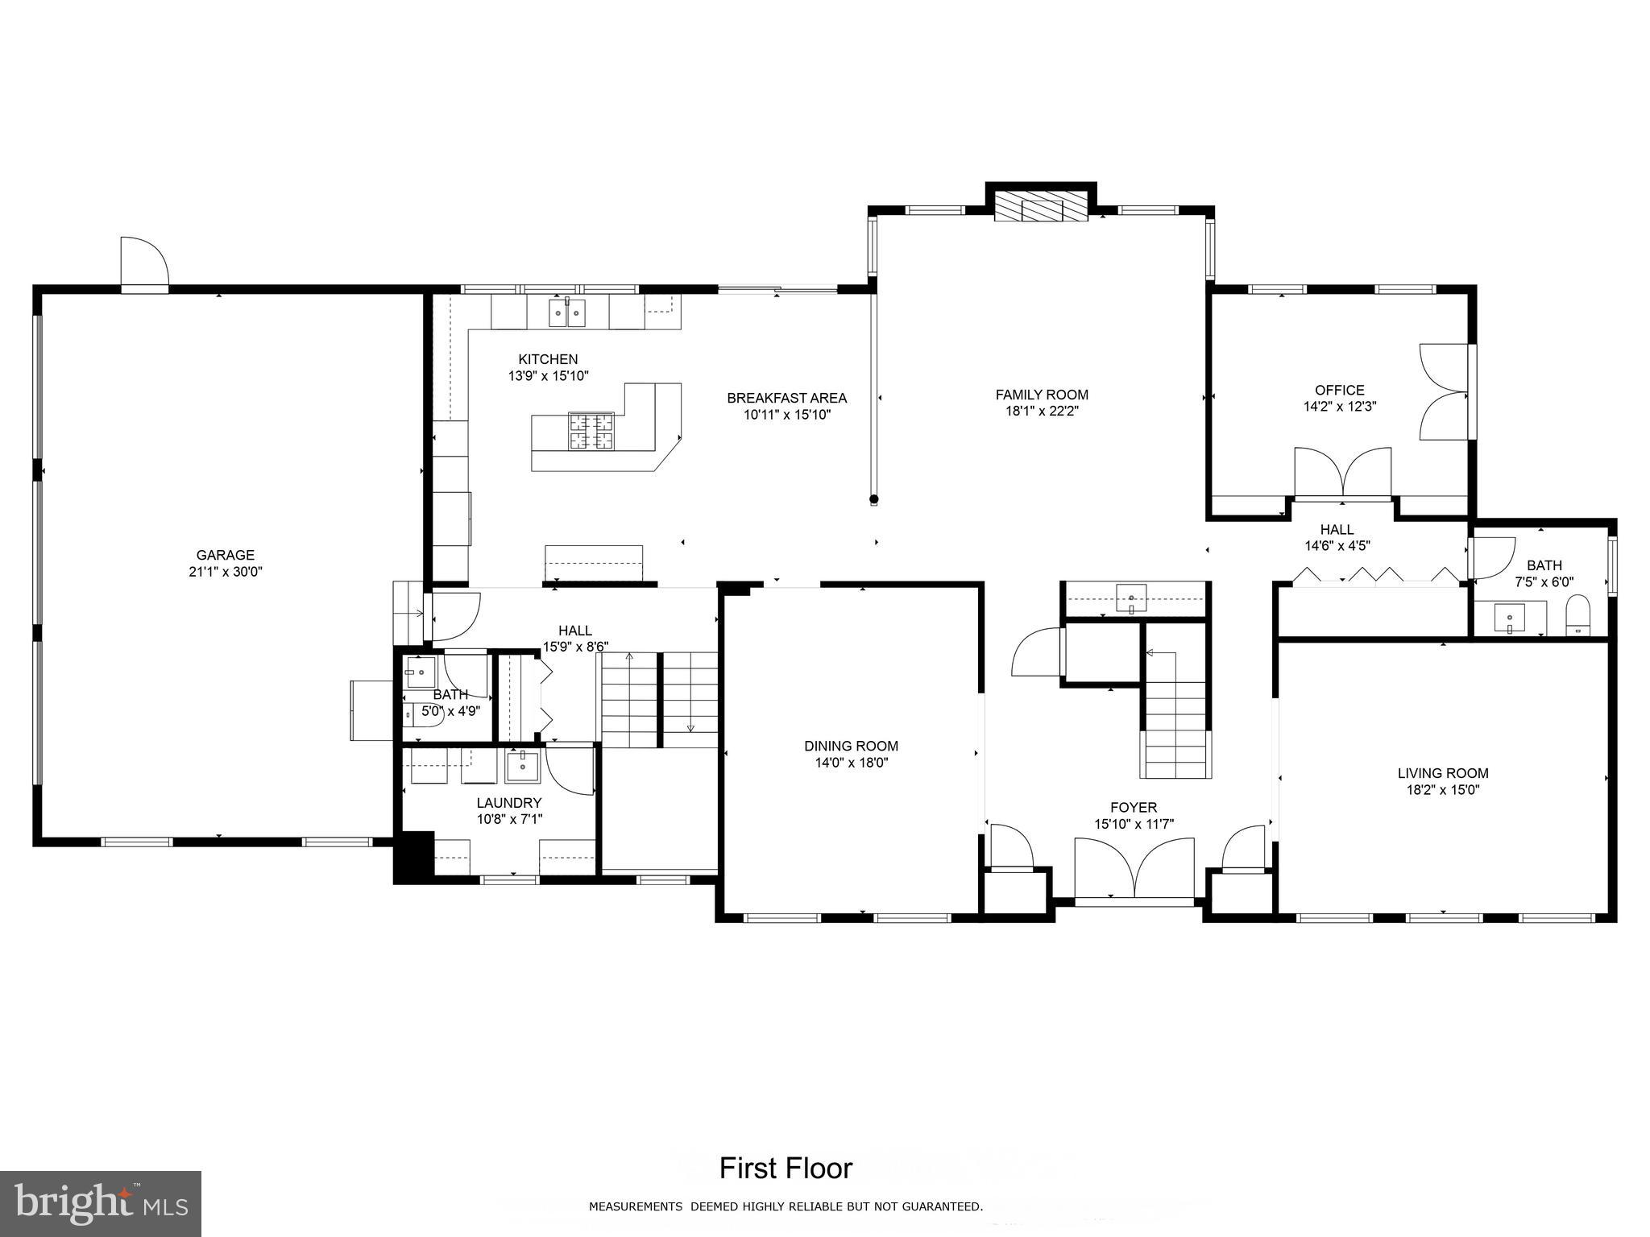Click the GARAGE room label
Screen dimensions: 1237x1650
226,555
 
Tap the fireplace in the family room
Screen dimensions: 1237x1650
1041,206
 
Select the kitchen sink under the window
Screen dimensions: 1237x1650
567,312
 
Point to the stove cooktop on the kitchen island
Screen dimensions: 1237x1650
591,431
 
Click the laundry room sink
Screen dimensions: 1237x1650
523,766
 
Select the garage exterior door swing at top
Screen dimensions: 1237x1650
143,262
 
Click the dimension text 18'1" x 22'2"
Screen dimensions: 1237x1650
1042,412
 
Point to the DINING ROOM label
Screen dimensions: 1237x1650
851,747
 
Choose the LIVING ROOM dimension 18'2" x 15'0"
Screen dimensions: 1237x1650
1443,790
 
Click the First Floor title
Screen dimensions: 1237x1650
786,1169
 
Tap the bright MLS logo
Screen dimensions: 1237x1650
101,1204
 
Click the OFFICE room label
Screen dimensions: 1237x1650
1340,391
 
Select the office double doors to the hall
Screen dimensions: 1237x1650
1342,474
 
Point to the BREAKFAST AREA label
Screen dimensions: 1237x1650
786,398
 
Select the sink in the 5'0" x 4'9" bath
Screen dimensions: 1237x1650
420,672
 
